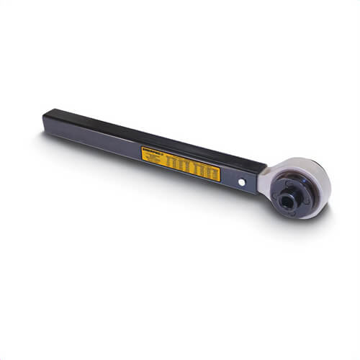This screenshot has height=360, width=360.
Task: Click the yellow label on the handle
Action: coord(179,161)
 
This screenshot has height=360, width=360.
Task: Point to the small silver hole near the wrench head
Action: coord(242,183)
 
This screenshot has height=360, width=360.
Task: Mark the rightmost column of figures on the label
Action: coord(212,172)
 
